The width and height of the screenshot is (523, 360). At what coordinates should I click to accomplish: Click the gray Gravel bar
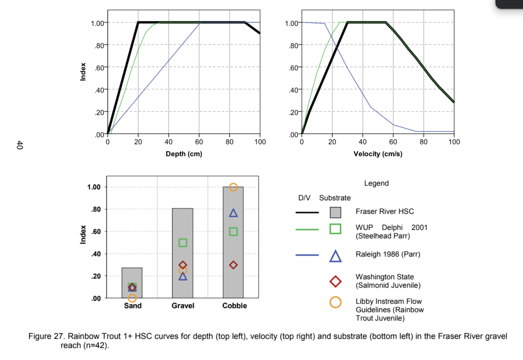click(182, 227)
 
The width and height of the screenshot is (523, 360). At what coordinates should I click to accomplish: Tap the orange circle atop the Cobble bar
click(233, 187)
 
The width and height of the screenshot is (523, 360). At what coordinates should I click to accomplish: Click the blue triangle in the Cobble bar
click(233, 213)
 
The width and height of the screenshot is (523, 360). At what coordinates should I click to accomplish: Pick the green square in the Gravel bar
click(183, 243)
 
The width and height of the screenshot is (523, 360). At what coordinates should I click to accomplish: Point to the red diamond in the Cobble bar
click(233, 265)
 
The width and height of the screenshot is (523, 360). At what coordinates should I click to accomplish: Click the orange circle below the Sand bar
click(132, 298)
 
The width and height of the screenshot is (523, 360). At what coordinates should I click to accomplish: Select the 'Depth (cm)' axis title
click(184, 154)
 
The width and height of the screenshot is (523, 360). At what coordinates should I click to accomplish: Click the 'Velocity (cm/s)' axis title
click(378, 154)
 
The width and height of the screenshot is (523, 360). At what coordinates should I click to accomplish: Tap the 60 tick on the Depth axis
click(199, 142)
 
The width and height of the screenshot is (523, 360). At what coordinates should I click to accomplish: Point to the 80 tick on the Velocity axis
click(424, 142)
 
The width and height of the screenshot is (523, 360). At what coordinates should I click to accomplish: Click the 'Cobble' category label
click(234, 306)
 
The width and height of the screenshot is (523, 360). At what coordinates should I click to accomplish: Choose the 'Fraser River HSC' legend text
click(385, 211)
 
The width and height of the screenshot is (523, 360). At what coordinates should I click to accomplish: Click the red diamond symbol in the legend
click(335, 281)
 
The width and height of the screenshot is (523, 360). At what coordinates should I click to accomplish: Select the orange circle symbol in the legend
click(335, 302)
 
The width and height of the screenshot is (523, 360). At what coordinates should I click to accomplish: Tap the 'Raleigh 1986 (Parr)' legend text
click(388, 254)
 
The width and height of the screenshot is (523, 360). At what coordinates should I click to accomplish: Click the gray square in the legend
click(335, 212)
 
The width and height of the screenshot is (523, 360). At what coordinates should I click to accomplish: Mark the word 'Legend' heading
click(376, 183)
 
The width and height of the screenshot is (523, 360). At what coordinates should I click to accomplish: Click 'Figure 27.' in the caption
click(46, 336)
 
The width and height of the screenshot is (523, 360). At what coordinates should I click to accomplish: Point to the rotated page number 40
click(20, 145)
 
